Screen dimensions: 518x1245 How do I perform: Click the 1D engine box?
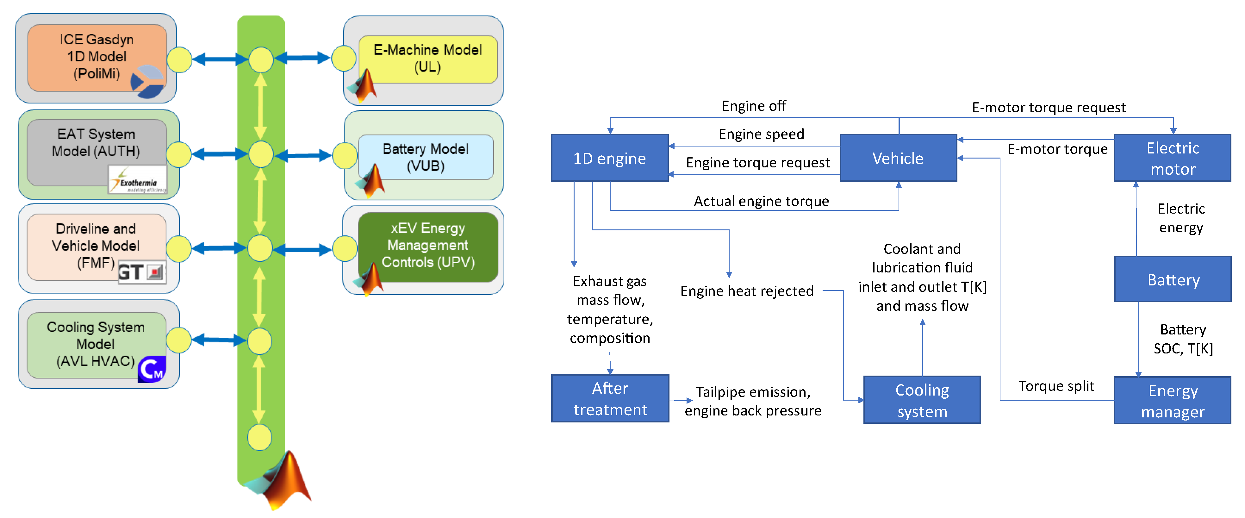click(x=609, y=158)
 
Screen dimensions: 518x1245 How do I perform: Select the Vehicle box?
click(x=898, y=158)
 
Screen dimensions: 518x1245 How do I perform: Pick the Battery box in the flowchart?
click(x=1173, y=279)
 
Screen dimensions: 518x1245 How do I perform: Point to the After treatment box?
click(x=610, y=399)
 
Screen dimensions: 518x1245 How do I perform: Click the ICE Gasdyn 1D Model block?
click(x=97, y=57)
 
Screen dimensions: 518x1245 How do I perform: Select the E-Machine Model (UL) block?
click(x=428, y=59)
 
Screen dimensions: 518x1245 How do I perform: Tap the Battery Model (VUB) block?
click(x=425, y=157)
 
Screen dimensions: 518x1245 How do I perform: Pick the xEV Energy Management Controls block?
click(x=428, y=246)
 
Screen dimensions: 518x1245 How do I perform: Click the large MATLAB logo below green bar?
click(x=283, y=481)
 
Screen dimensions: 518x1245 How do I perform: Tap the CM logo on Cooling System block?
click(x=152, y=370)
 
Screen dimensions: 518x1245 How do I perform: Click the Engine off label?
click(x=753, y=106)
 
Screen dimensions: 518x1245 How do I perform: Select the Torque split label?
click(x=1056, y=386)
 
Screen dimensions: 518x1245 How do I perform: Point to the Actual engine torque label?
click(x=761, y=201)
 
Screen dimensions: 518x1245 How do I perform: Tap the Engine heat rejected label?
click(x=747, y=291)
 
